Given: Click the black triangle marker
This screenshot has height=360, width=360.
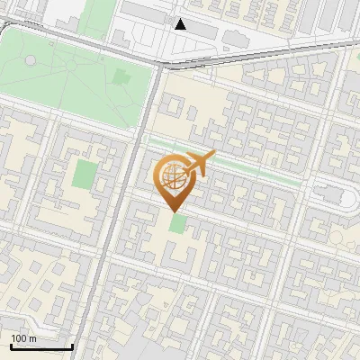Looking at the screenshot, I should (x=181, y=24).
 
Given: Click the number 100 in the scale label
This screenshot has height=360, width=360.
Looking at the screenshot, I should (x=19, y=338).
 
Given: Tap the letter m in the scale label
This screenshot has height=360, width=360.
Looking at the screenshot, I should (x=32, y=338).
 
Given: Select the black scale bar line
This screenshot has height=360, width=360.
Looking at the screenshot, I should (x=40, y=347).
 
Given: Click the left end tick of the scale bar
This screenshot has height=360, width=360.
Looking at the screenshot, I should (x=10, y=346).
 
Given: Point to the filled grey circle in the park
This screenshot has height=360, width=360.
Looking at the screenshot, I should (x=31, y=59).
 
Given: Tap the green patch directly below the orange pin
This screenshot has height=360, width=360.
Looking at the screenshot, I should (x=179, y=223).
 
